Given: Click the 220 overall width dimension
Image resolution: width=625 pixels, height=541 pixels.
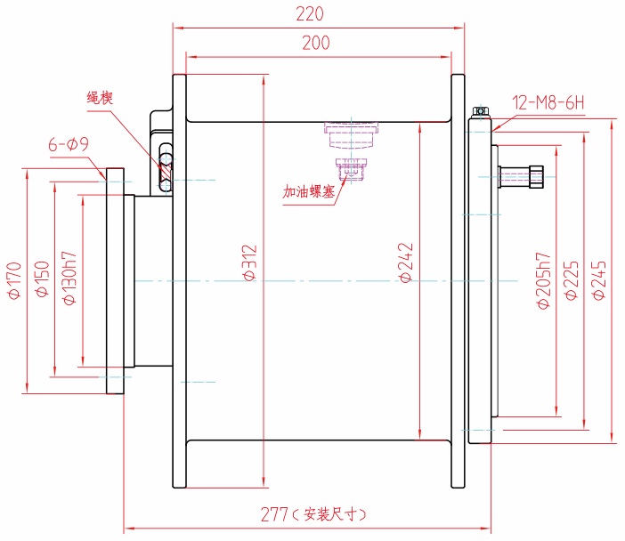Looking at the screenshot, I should [312, 14].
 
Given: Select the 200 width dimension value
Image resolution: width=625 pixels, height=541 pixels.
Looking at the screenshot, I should [316, 43].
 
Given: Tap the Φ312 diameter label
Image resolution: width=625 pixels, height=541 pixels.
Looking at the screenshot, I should [250, 264].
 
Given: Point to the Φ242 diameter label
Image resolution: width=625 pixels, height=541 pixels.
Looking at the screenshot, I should [406, 264].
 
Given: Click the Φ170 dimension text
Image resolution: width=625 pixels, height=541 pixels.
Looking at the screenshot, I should [13, 281].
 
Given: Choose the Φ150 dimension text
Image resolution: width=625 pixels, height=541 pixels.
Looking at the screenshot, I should [41, 281].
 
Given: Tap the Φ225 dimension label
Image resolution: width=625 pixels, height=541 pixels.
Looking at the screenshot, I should [571, 281].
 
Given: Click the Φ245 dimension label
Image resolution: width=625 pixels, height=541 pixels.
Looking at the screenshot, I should [598, 281].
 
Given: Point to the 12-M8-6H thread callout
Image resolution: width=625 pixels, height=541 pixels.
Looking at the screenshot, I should [548, 102].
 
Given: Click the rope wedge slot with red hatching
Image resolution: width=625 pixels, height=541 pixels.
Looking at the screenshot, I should [166, 166].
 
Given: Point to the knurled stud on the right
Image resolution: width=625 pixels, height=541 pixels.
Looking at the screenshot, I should [523, 175].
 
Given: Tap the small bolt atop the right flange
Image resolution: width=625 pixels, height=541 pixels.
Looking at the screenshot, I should [480, 112].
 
